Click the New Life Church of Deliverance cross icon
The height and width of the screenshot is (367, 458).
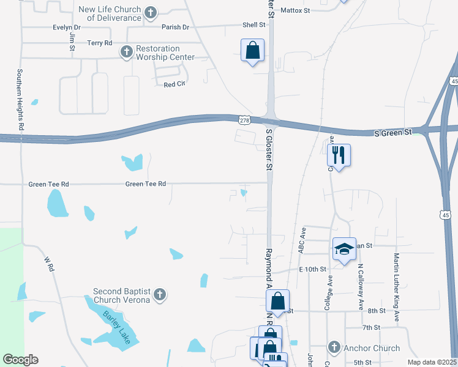151,12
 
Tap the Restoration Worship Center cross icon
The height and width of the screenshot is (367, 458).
126,52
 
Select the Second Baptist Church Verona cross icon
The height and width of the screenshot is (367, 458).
159,295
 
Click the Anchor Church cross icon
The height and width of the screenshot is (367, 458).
334,348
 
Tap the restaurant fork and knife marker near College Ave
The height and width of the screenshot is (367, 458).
339,155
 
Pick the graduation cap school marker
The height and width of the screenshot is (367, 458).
344,249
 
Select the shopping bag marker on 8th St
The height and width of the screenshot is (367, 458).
277,302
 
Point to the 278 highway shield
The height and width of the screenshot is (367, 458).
244,121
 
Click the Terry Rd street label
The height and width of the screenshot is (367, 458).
100,43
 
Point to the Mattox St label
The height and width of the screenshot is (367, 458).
295,10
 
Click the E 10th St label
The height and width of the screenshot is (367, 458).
313,269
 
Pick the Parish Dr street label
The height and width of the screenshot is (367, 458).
176,27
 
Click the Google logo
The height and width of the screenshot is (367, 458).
20,360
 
